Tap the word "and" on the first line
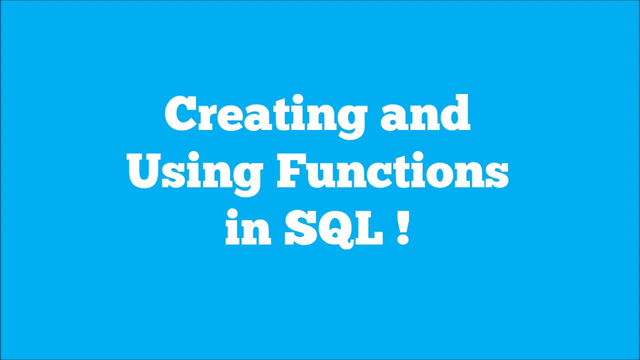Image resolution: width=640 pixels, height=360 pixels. (x=425, y=114)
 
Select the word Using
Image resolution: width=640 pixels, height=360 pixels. (x=195, y=173)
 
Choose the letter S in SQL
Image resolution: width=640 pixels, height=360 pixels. (x=300, y=228)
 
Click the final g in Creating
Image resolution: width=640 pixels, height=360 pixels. (x=350, y=120)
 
